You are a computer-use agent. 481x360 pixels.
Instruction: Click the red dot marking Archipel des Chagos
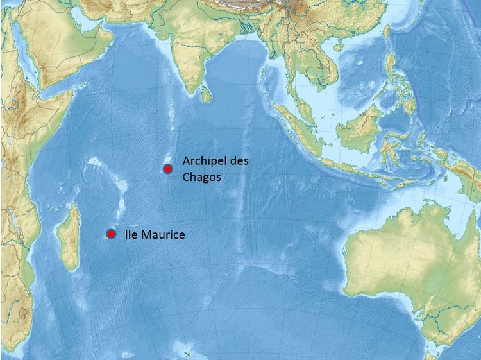(x=167, y=169)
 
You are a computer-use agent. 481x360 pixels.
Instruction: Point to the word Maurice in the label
(x=164, y=235)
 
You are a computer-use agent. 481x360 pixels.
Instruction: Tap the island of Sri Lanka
(x=206, y=96)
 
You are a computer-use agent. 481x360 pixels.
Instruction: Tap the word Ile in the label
(x=132, y=235)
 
